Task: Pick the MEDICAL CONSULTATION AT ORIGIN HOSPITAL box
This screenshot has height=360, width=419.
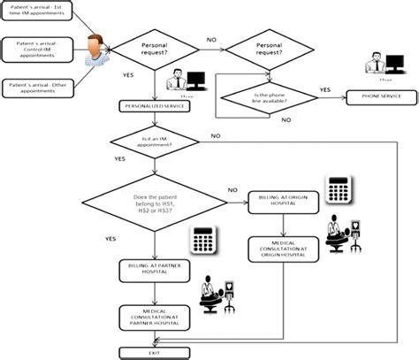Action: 283,247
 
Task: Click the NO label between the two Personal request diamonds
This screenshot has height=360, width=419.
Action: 211,40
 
